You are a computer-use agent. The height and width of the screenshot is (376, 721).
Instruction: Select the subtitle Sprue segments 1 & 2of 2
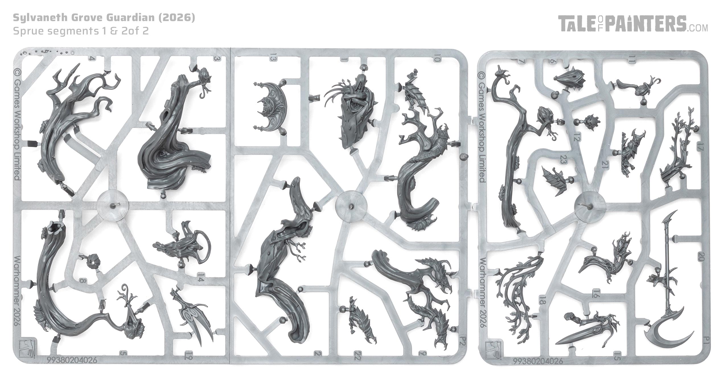81,31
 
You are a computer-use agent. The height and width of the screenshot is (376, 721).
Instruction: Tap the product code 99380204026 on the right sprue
538,361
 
